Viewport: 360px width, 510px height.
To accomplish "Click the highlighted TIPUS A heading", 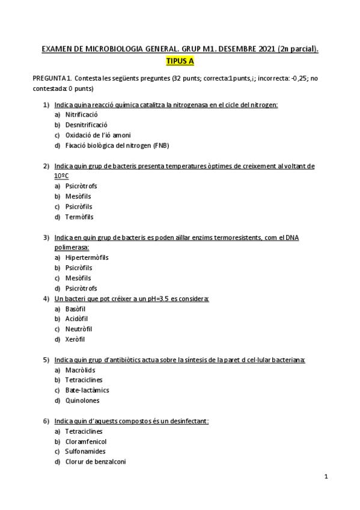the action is pyautogui.click(x=180, y=61).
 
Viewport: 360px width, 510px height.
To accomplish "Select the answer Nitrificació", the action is pyautogui.click(x=82, y=114).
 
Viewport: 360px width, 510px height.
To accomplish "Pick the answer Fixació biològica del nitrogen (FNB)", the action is pyautogui.click(x=118, y=146).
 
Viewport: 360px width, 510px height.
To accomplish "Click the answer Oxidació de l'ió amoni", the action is pyautogui.click(x=97, y=135).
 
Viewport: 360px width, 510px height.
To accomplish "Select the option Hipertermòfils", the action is pyautogui.click(x=87, y=257).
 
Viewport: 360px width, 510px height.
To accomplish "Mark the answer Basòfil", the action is pyautogui.click(x=76, y=309).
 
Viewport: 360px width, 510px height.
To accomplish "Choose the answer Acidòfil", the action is pyautogui.click(x=78, y=319).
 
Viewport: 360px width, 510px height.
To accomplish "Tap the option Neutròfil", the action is pyautogui.click(x=79, y=329).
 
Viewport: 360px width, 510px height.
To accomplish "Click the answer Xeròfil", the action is pyautogui.click(x=76, y=339).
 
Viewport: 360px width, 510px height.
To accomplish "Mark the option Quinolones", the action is pyautogui.click(x=82, y=401).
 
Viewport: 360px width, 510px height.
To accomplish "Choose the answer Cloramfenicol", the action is pyautogui.click(x=85, y=441).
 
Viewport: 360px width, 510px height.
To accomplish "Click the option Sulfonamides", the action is pyautogui.click(x=85, y=451).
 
